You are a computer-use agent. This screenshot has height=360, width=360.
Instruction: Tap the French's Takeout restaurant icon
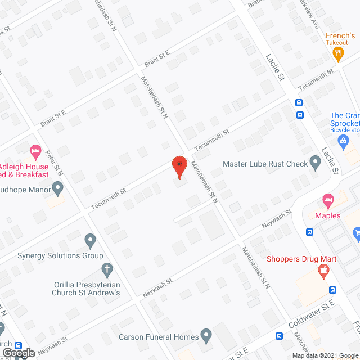coord(337,54)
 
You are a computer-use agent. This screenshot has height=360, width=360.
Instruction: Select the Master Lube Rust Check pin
coord(316,164)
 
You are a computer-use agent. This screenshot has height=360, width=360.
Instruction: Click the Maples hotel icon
coord(328,200)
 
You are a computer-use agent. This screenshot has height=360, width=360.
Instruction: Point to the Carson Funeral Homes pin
coord(206,337)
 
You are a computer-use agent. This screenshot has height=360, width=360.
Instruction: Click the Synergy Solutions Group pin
coord(90,241)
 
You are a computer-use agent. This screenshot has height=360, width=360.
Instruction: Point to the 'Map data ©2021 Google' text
coord(325,355)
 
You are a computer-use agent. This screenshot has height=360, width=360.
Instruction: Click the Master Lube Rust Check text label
coord(265,164)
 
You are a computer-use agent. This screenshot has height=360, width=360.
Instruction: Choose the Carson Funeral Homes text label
coord(159,337)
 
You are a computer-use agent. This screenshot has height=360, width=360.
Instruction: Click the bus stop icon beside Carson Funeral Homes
coord(280,336)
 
